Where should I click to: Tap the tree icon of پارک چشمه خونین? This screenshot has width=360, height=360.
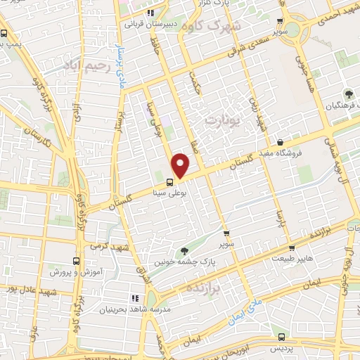click(x=184, y=250)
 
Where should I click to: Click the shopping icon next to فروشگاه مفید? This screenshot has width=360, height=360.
click(x=280, y=142)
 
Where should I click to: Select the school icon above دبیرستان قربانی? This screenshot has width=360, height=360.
click(x=150, y=13)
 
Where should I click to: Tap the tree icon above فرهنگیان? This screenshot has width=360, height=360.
click(x=347, y=94)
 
